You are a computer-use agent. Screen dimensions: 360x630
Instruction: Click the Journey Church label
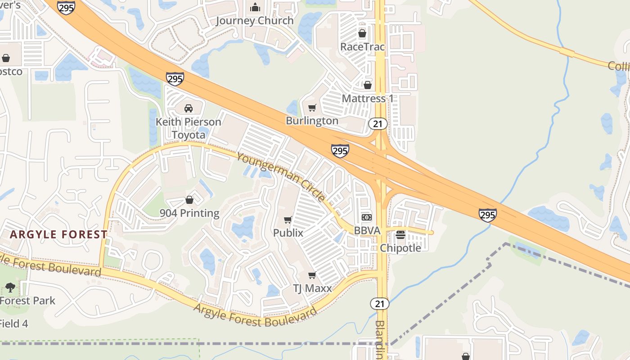tap(255, 21)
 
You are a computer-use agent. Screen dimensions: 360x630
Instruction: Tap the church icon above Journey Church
tap(255, 7)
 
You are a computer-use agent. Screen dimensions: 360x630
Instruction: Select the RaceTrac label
tap(362, 47)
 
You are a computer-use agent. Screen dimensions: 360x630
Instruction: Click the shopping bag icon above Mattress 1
tap(368, 85)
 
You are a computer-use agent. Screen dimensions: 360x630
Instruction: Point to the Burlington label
tap(312, 121)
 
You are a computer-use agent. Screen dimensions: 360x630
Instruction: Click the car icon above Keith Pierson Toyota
tap(189, 108)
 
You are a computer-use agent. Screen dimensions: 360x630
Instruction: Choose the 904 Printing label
tap(189, 213)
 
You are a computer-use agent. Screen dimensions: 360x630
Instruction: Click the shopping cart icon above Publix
tap(288, 220)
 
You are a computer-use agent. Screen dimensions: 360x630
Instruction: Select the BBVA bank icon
tap(367, 217)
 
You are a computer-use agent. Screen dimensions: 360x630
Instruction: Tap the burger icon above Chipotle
tap(400, 235)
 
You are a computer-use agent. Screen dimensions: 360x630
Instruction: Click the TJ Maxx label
tap(312, 288)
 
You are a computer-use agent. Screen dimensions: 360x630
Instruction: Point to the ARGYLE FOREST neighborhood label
tap(58, 234)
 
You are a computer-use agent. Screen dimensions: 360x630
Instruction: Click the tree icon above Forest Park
tap(10, 288)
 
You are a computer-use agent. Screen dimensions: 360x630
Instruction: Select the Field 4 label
tap(13, 323)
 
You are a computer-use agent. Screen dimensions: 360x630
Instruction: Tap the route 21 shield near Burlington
tap(378, 124)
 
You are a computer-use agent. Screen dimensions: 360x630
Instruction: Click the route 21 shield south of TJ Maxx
tap(380, 304)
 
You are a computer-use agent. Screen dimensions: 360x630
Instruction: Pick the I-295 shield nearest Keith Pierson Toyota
tap(175, 79)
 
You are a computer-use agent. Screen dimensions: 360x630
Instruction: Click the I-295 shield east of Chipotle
tap(488, 215)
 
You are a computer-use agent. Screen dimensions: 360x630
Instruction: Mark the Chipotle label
tap(400, 248)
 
